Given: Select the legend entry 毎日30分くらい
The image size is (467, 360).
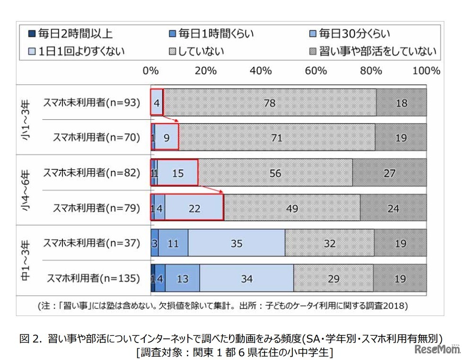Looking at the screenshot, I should (350, 34).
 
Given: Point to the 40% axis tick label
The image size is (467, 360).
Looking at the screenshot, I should (261, 71).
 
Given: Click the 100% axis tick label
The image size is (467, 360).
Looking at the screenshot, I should (426, 71).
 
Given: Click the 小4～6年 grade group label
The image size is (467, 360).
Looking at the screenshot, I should (26, 191).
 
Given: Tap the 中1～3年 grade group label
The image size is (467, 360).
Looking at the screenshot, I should (26, 261).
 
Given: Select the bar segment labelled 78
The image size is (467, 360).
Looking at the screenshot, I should (270, 103).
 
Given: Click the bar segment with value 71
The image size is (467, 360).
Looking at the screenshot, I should (277, 138).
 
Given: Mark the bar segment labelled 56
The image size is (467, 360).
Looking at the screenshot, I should (275, 173).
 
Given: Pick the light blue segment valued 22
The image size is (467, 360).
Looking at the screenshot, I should (194, 208).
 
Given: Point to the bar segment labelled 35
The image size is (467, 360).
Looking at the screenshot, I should (237, 244).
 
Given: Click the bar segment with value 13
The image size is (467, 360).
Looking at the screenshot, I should (182, 279).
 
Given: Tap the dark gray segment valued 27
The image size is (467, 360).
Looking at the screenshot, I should (389, 173).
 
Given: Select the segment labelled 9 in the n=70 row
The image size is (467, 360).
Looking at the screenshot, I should (167, 138).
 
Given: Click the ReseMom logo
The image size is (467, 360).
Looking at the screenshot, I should (438, 350).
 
